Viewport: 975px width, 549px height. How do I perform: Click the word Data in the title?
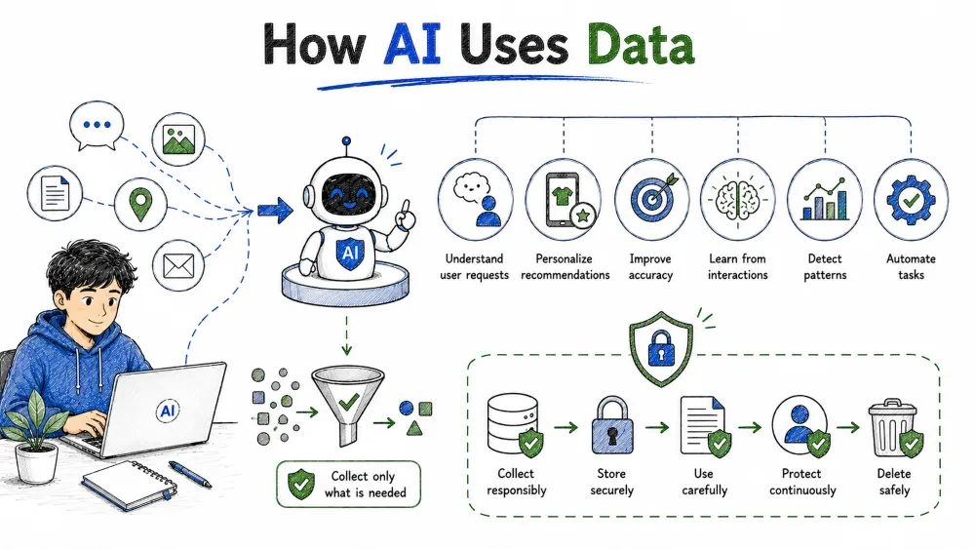click(641, 44)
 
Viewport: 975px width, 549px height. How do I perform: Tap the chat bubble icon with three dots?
click(97, 126)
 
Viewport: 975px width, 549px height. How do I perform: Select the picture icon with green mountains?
click(178, 138)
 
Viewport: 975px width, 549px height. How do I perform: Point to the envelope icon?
click(178, 265)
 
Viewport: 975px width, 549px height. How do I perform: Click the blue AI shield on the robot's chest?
click(350, 252)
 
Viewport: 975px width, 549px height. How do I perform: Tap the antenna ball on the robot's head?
click(346, 141)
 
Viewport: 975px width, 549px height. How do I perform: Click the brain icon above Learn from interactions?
click(737, 199)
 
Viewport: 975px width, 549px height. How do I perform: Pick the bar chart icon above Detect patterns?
click(825, 200)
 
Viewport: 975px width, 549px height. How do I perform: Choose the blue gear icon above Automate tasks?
click(911, 200)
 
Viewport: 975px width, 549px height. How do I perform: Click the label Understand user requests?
click(474, 267)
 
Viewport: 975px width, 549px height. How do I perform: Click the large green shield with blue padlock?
click(661, 348)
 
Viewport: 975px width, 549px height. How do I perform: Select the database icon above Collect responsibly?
click(515, 424)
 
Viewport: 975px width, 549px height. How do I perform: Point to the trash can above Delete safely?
click(894, 428)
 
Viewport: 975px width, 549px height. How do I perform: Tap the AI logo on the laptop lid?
click(168, 411)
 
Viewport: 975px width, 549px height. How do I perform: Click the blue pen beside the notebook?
click(190, 474)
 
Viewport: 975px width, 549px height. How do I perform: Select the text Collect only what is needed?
click(365, 485)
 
